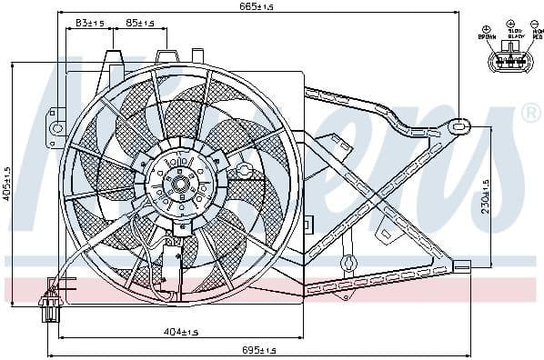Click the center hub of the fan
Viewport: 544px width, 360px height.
[x=179, y=177]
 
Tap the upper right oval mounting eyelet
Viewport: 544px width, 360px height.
[x=461, y=125]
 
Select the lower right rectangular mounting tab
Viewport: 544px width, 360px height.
[x=463, y=267]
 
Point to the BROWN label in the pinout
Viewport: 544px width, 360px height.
[x=485, y=37]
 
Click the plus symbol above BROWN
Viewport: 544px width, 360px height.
[x=486, y=29]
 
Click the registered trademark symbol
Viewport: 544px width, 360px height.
[x=530, y=113]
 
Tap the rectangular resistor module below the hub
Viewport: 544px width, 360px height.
[x=168, y=262]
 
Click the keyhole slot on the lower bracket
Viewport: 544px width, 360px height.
[x=346, y=265]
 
